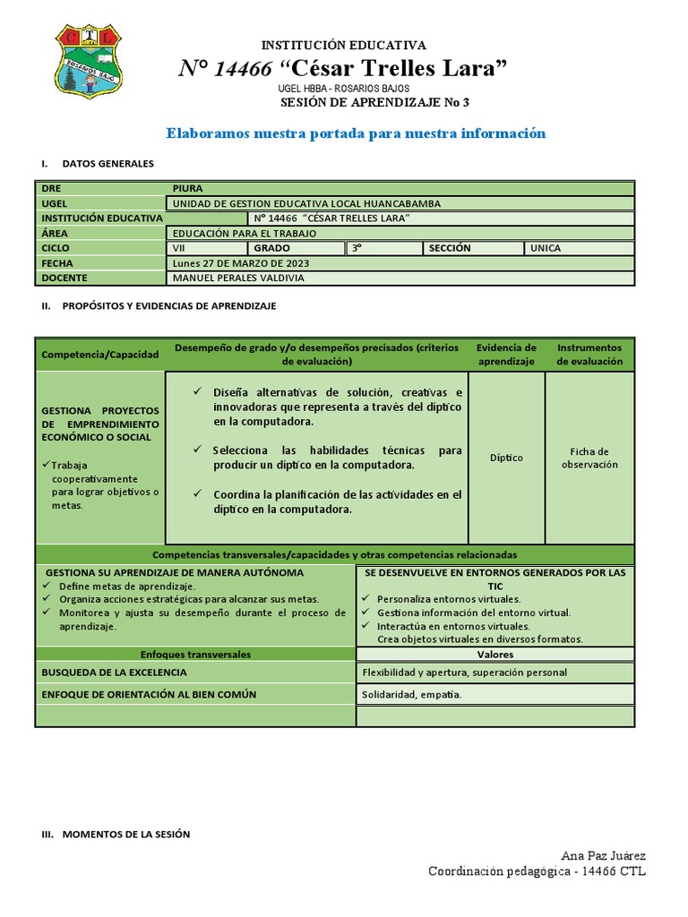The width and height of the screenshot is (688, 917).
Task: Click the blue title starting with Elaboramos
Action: [356, 133]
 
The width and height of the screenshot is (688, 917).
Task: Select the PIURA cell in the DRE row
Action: [188, 188]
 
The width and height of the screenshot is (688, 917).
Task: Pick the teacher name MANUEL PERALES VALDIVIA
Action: [237, 278]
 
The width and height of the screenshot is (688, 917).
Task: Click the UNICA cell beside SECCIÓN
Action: [546, 248]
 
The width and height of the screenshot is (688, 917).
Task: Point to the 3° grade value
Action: [357, 248]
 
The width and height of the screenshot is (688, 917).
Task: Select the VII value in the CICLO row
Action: [181, 248]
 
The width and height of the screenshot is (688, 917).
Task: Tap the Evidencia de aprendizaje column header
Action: [506, 355]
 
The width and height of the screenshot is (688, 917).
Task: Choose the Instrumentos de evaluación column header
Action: [589, 355]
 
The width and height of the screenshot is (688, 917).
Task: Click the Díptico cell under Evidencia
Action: [506, 458]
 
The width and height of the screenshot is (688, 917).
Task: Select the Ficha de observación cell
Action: [589, 458]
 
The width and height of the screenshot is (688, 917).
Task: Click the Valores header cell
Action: [495, 655]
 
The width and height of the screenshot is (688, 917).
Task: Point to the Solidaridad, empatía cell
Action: [412, 695]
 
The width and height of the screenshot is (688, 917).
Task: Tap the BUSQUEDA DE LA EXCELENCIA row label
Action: [115, 672]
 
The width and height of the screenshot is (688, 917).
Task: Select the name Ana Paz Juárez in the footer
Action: [603, 856]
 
